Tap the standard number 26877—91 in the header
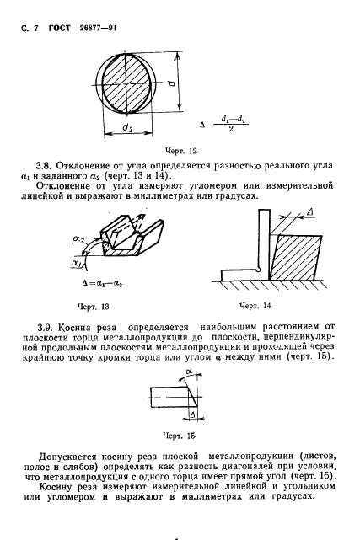96,28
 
